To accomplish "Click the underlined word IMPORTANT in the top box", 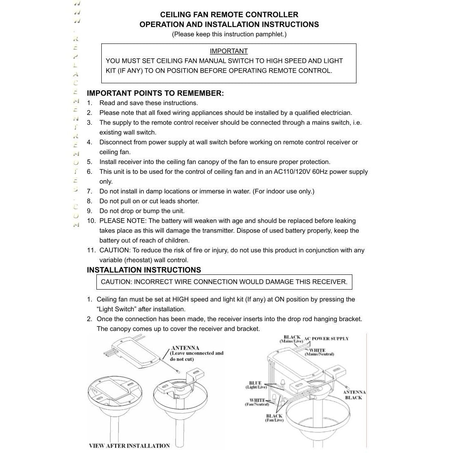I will click(228, 51).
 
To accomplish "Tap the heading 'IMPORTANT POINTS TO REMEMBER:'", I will click(155, 93).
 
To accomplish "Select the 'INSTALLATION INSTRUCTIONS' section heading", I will click(144, 270).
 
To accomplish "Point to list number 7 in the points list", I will click(89, 191).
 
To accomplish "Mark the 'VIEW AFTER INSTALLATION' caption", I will click(129, 446).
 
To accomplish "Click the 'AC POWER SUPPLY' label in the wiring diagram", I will click(327, 339).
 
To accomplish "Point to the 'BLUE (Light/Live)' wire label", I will click(256, 385).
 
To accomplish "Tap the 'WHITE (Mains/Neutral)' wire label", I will click(319, 352).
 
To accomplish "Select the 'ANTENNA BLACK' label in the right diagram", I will click(354, 395).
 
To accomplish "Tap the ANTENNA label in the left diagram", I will click(185, 348).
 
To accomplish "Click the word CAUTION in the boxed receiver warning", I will click(116, 282).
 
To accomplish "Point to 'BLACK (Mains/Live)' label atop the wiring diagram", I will click(292, 339).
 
